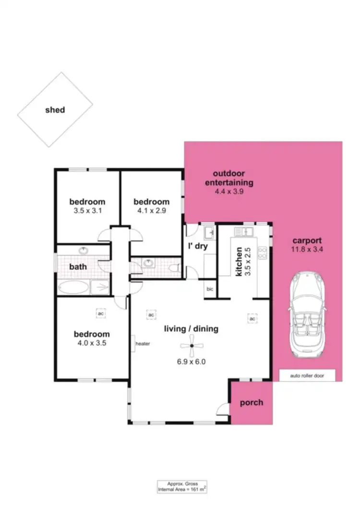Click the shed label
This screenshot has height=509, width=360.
[55, 109]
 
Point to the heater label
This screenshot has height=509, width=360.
[143, 344]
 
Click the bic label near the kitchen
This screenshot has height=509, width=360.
[210, 289]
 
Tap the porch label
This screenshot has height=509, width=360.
[251, 402]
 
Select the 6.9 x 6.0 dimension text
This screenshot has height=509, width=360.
[191, 362]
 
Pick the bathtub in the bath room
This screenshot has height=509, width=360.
[73, 288]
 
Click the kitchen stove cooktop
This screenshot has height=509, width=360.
[263, 253]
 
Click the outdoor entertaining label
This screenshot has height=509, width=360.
[229, 178]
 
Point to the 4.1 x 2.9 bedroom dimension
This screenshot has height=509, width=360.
[151, 210]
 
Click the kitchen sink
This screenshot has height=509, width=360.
[243, 232]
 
